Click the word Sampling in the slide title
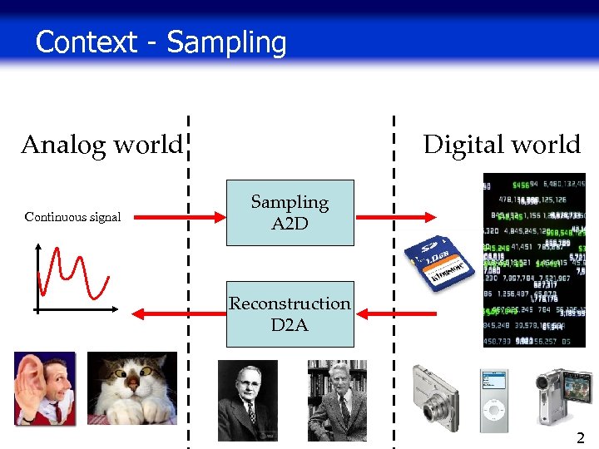click(226, 42)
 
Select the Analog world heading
click(101, 145)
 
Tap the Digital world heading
click(502, 145)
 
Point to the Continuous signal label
click(72, 217)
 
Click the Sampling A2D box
click(290, 213)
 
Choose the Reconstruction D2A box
click(290, 313)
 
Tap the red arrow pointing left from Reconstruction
click(175, 313)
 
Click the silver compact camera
click(435, 397)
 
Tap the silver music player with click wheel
click(494, 400)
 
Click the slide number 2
click(580, 437)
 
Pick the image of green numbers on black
click(534, 258)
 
